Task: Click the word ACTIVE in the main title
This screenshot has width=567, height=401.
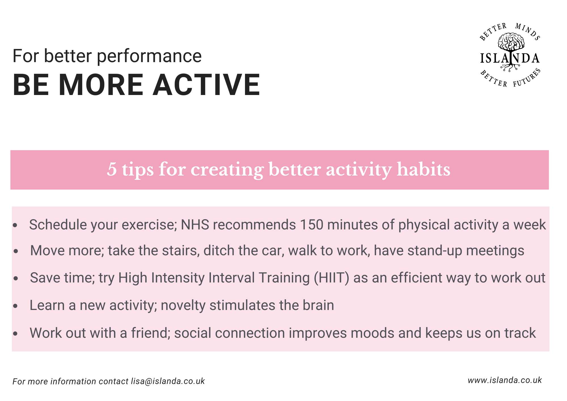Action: coord(206,85)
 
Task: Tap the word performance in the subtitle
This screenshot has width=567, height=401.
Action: coord(149,56)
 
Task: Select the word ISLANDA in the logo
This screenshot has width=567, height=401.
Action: coord(510,58)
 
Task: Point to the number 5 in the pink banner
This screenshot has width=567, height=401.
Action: coord(112,170)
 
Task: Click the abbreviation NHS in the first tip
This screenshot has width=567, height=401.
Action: coord(195,224)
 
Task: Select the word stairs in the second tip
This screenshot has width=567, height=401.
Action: coord(180,250)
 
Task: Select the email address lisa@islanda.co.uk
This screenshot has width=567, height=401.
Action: coord(168,381)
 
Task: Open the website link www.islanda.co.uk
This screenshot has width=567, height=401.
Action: coord(505,380)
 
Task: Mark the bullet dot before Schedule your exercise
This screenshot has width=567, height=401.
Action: coord(15,225)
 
